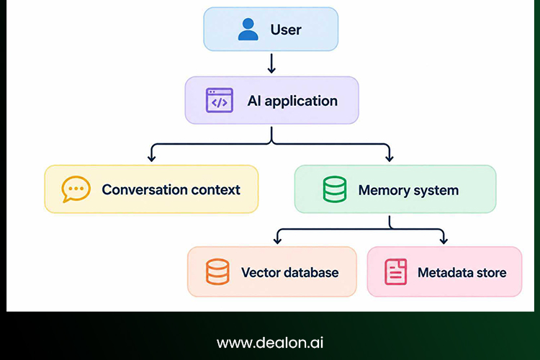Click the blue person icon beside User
click(248, 30)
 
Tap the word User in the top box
click(286, 30)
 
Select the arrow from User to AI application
click(271, 63)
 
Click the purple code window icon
click(220, 100)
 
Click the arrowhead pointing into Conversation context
click(151, 158)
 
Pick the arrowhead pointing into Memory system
click(390, 158)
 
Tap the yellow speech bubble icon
click(76, 189)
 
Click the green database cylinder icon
click(335, 189)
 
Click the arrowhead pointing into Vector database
click(278, 240)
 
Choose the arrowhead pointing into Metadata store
click(444, 240)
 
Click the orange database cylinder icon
click(217, 271)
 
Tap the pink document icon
click(396, 271)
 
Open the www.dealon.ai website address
click(270, 343)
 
